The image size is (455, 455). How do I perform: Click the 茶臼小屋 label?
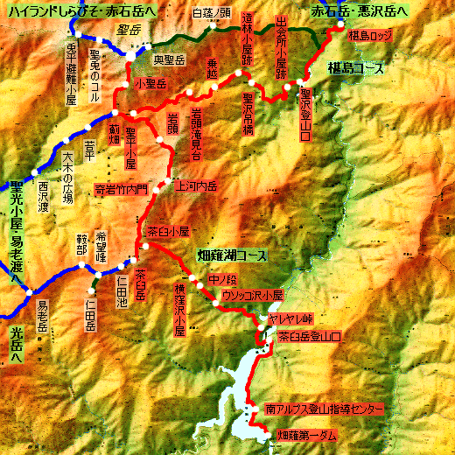tap(169, 232)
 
